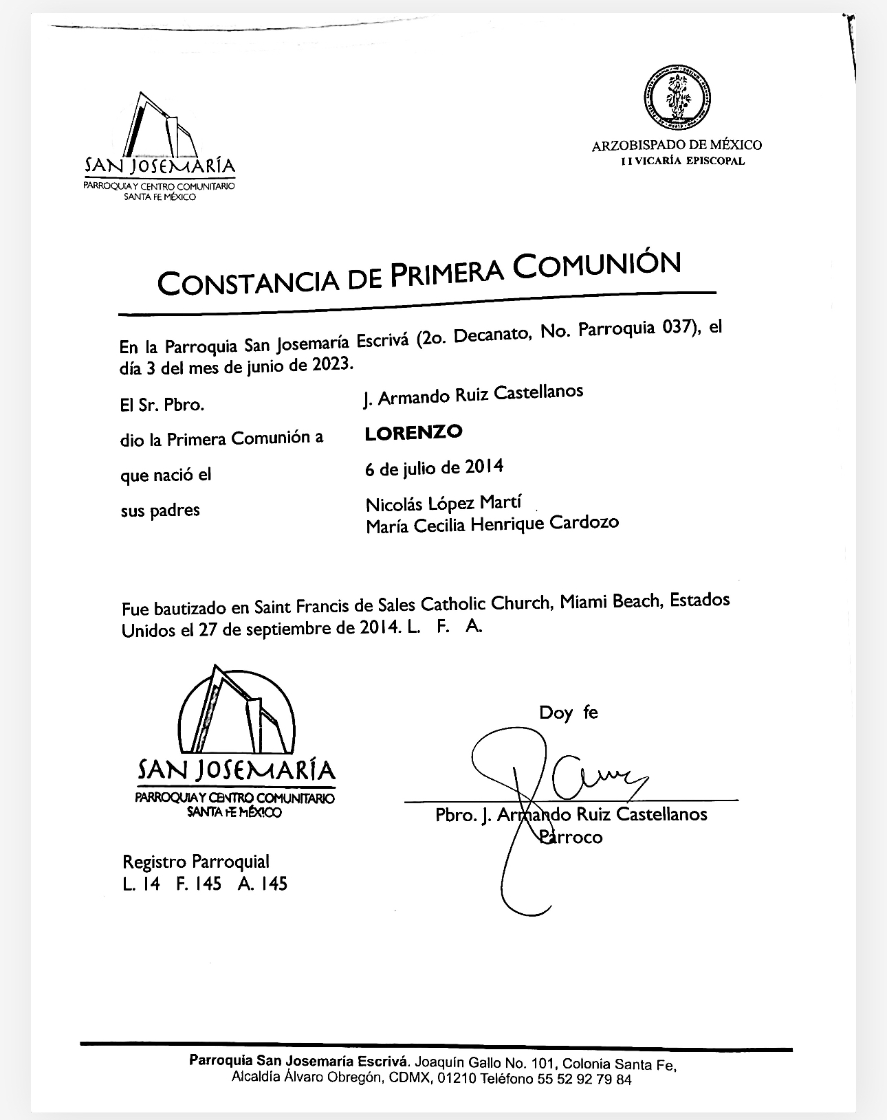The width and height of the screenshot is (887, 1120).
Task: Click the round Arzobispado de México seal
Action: click(x=677, y=96)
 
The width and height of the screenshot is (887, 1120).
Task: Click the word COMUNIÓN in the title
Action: click(x=598, y=266)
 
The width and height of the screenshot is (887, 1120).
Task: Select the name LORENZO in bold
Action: click(x=413, y=433)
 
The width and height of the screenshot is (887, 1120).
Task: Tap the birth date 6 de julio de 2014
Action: click(x=435, y=469)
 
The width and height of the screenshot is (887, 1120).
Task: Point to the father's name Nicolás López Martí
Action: click(x=443, y=504)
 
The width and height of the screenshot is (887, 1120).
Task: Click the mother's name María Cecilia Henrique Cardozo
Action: click(x=492, y=524)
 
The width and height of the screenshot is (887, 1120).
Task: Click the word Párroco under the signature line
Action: click(x=571, y=837)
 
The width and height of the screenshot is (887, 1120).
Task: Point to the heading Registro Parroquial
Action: click(x=196, y=862)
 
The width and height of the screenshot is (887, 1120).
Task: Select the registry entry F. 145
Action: click(x=199, y=884)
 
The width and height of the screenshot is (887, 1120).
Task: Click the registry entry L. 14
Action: click(x=142, y=884)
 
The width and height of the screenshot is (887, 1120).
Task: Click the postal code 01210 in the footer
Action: click(x=455, y=1079)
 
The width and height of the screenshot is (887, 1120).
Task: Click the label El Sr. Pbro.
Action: click(x=162, y=405)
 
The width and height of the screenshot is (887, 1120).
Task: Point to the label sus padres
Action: click(x=160, y=511)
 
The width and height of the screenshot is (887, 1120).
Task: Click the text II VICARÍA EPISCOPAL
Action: click(x=676, y=161)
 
